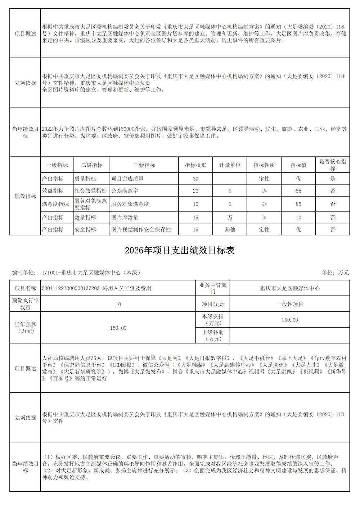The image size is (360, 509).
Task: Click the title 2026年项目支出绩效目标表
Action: pos(180,251)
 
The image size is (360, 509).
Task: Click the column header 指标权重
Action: pos(195,165)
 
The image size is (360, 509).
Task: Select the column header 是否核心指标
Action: pos(333,165)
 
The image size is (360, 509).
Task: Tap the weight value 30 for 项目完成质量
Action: pos(195,179)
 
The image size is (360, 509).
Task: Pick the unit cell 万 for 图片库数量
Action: pos(230,217)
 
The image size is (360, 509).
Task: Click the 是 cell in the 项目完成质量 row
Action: pos(333,179)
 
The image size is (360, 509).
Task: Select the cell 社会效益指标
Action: pos(91,191)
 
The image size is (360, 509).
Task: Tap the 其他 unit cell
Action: pos(230,229)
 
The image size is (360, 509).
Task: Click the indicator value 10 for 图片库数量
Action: pos(298,217)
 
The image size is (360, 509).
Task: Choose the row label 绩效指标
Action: pos(25,196)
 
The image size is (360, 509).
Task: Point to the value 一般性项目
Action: pos(290,304)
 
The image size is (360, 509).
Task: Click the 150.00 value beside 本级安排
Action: pos(290,320)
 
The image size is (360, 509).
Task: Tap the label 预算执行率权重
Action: pos(25,304)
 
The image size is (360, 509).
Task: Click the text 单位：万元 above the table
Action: pos(335,273)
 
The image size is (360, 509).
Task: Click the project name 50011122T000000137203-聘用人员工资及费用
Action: pos(96,288)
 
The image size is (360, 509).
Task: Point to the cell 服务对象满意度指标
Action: pos(91,204)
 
